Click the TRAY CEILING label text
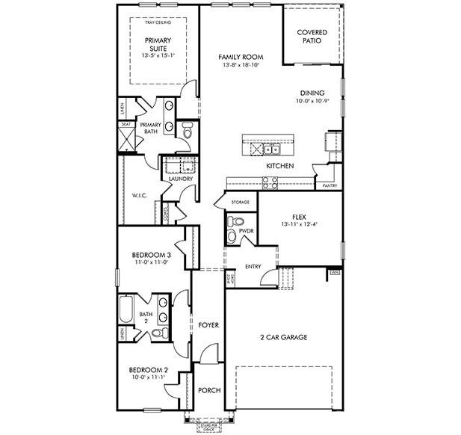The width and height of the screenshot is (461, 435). point(158,23)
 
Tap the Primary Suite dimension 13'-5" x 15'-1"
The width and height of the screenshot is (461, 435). point(158,55)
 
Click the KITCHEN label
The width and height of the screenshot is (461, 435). point(279,165)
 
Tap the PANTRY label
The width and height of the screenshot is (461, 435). point(329,185)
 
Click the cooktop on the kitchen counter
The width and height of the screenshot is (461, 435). point(270,180)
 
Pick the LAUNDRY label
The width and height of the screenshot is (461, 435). point(180,179)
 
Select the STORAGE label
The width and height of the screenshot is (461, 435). point(240,203)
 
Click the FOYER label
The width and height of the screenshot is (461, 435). point(208,325)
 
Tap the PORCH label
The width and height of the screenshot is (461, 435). point(208,391)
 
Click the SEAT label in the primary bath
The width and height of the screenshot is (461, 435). point(126,125)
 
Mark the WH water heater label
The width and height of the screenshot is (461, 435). point(334,274)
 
